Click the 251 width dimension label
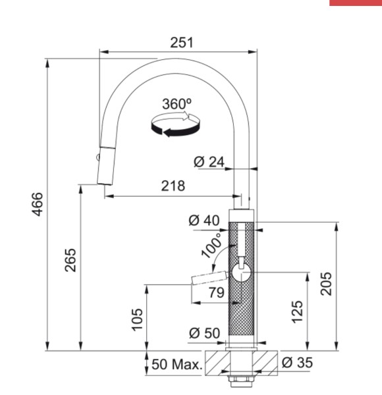pyautogui.click(x=178, y=42)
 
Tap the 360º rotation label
pyautogui.click(x=177, y=103)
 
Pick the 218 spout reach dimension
pyautogui.click(x=173, y=186)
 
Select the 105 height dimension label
pyautogui.click(x=136, y=319)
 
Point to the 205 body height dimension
pyautogui.click(x=325, y=283)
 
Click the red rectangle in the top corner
pyautogui.click(x=355, y=3)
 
